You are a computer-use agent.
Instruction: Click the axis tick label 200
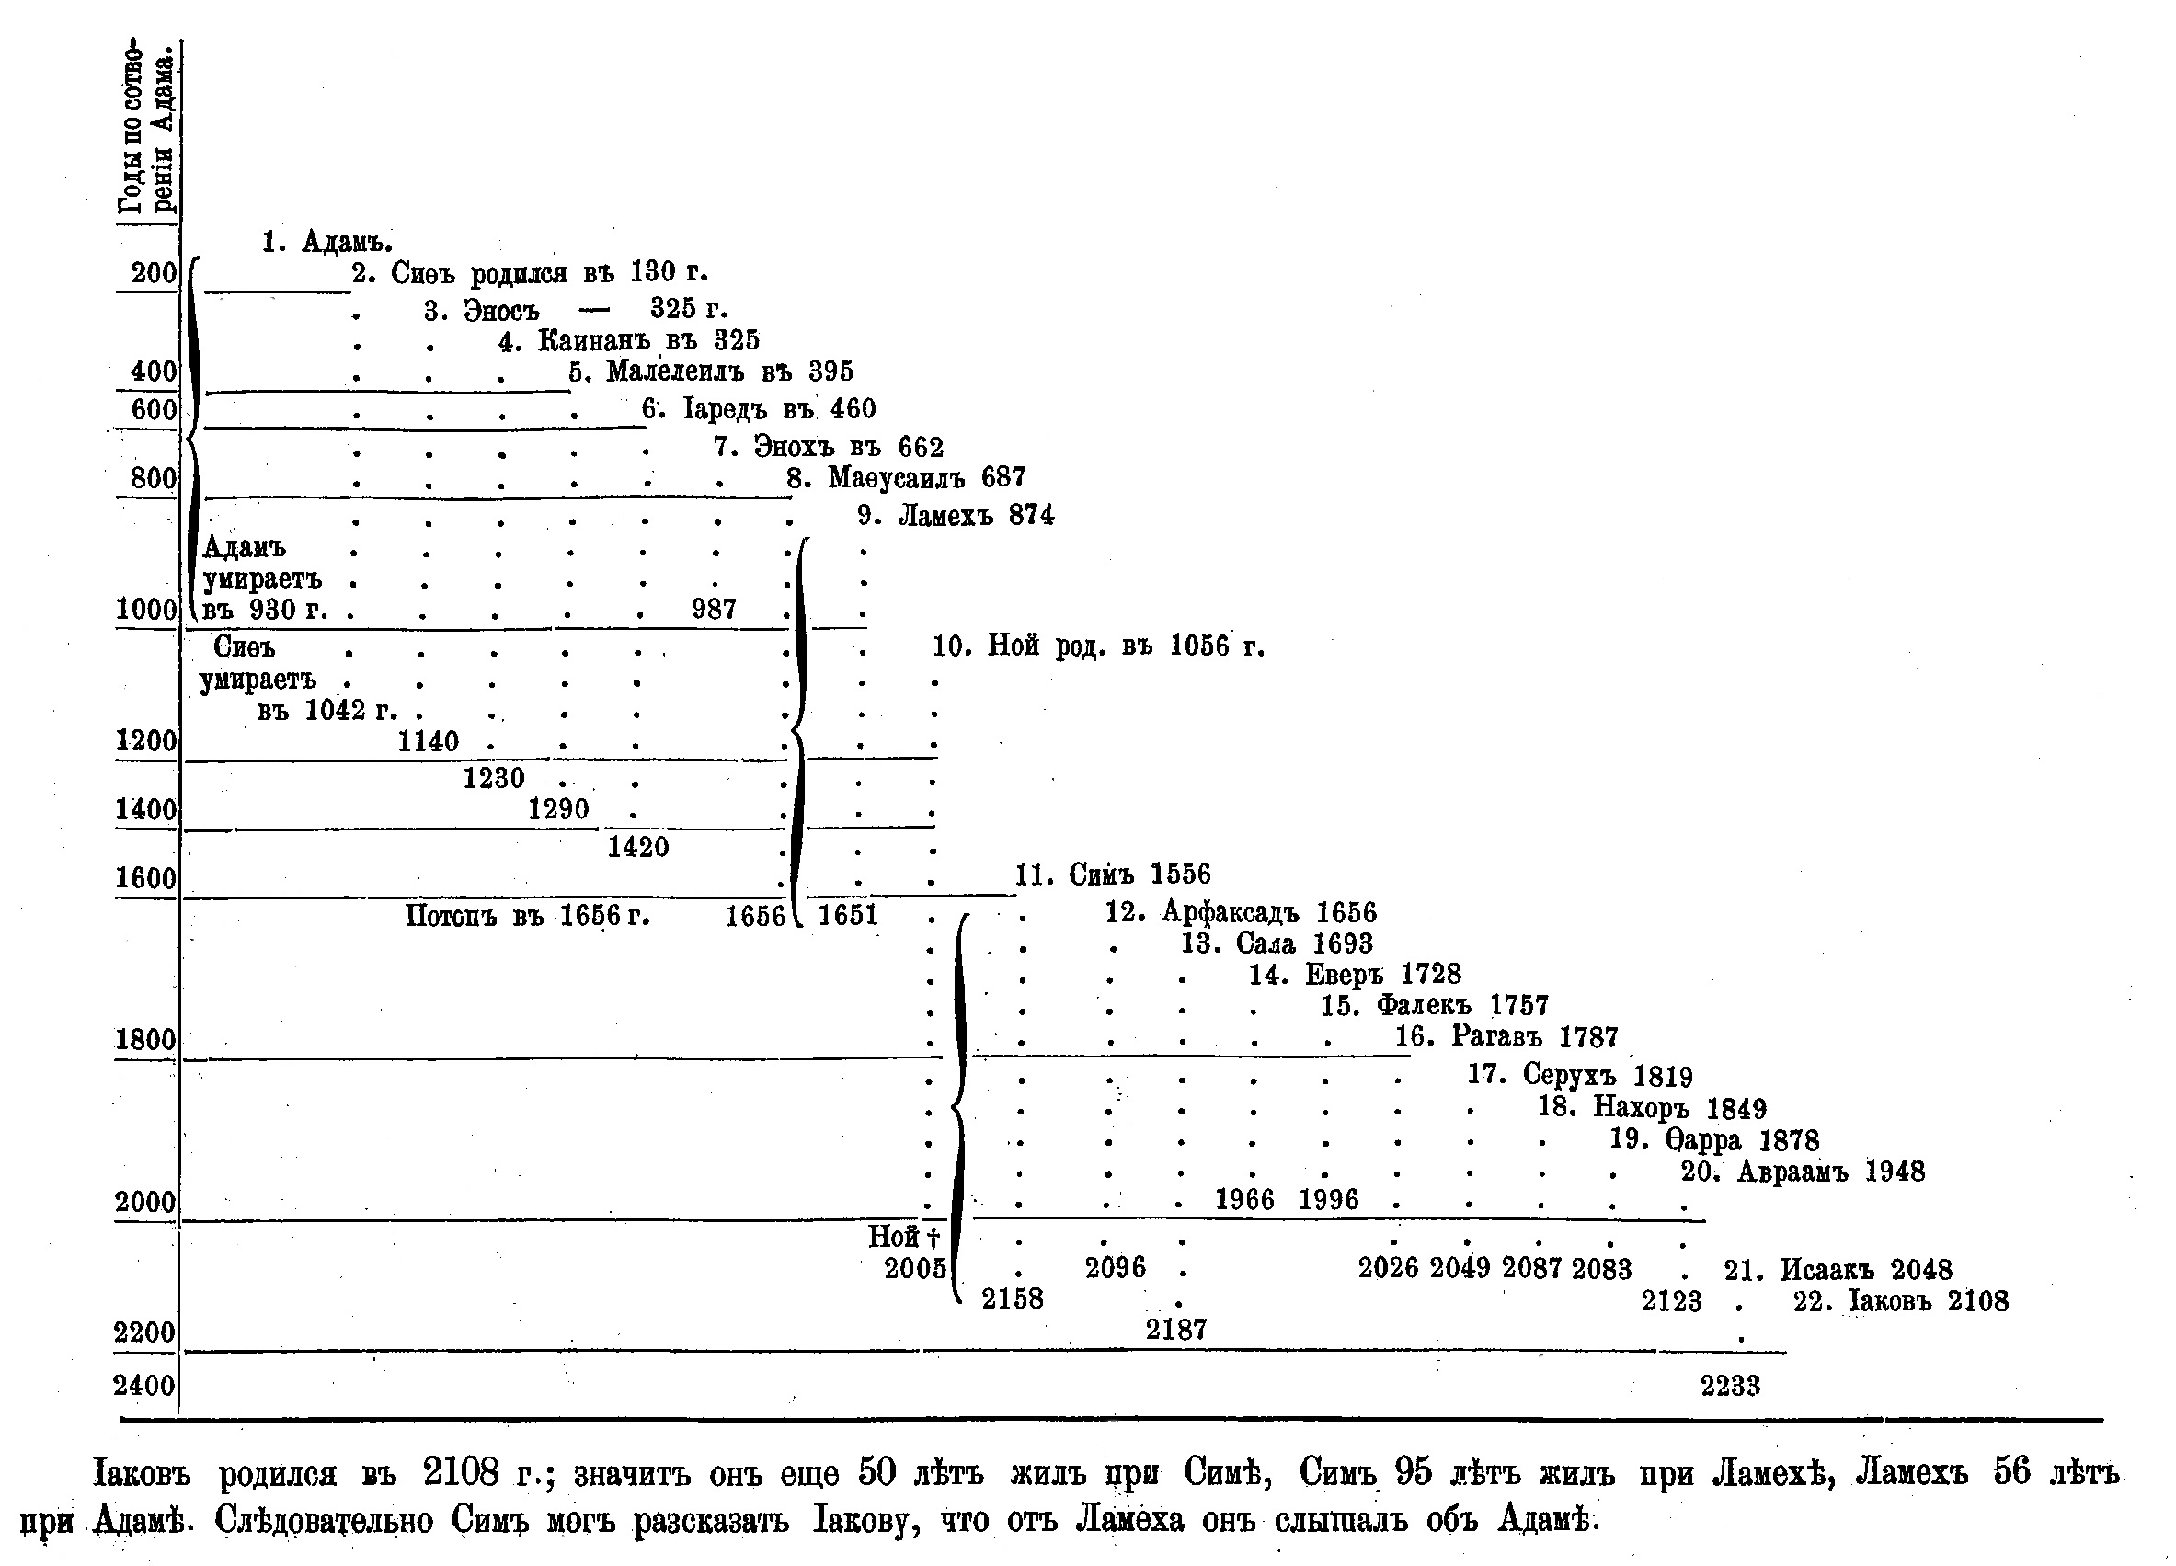pyautogui.click(x=155, y=273)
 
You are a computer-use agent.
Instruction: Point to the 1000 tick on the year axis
pyautogui.click(x=147, y=611)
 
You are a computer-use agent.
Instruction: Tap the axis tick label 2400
pyautogui.click(x=145, y=1386)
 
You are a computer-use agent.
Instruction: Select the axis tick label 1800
pyautogui.click(x=146, y=1040)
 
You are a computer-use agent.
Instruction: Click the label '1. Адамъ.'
pyautogui.click(x=327, y=242)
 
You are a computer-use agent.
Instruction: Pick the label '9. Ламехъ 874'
pyautogui.click(x=956, y=516)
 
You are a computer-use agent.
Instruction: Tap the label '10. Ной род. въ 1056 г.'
pyautogui.click(x=1098, y=646)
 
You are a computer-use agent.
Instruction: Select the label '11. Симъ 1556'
pyautogui.click(x=1113, y=874)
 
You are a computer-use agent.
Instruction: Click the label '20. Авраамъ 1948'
pyautogui.click(x=1803, y=1172)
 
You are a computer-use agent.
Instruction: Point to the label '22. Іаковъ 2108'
pyautogui.click(x=1901, y=1302)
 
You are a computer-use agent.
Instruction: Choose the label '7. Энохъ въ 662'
pyautogui.click(x=828, y=447)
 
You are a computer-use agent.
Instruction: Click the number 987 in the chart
pyautogui.click(x=714, y=610)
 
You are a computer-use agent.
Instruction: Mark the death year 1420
pyautogui.click(x=638, y=847)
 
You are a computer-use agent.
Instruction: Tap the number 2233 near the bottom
pyautogui.click(x=1731, y=1386)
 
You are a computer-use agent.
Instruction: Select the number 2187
pyautogui.click(x=1176, y=1330)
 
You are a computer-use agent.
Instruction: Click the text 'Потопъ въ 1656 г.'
pyautogui.click(x=527, y=917)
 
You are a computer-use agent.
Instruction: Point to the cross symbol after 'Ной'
pyautogui.click(x=933, y=1238)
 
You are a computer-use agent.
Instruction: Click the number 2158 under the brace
pyautogui.click(x=1013, y=1299)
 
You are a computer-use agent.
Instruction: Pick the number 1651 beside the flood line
pyautogui.click(x=848, y=916)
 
